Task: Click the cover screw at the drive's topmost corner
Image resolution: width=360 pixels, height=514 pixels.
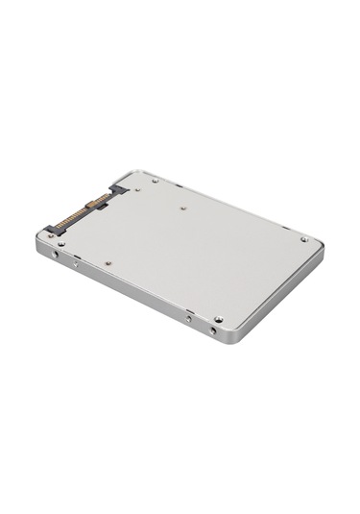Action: [155, 180]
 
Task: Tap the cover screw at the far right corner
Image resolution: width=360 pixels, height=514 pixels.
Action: [304, 239]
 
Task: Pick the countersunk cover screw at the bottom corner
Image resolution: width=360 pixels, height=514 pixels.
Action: [219, 318]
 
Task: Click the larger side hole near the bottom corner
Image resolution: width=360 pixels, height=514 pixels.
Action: [212, 330]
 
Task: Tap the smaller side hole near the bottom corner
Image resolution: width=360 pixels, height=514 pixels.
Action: [189, 318]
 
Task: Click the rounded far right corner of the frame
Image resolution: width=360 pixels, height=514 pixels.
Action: [321, 247]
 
